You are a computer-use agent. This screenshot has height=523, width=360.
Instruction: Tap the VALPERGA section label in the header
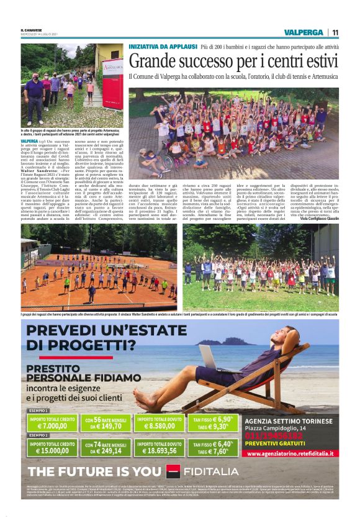[302, 32]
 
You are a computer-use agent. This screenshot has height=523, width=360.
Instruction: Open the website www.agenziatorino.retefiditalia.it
[290, 453]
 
